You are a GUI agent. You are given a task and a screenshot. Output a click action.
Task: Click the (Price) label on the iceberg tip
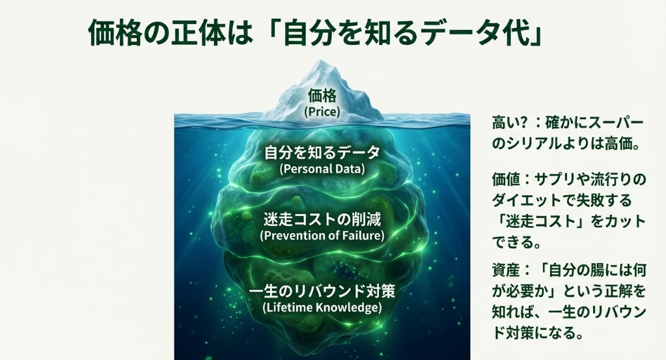[x=322, y=111]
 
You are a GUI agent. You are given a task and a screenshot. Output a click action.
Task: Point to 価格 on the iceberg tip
[x=322, y=97]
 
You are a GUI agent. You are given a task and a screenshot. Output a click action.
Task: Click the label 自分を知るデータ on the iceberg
[x=322, y=153]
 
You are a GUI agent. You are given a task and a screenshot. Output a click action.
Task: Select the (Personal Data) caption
[x=322, y=169]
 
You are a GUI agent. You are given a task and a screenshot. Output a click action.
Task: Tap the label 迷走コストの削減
[x=322, y=219]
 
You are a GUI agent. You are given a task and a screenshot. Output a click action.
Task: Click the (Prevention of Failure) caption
[x=322, y=235]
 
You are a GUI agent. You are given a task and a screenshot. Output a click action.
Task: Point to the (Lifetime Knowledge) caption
[x=322, y=306]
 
